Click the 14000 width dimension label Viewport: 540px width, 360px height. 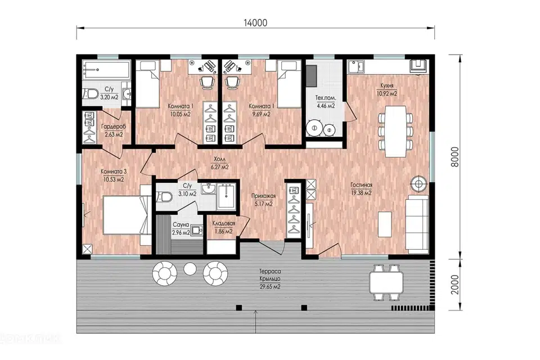click(255, 22)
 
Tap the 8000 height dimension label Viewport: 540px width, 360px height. click(455, 157)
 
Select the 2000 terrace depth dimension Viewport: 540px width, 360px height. click(455, 285)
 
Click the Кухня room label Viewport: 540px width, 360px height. click(387, 85)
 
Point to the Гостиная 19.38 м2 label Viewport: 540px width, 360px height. click(361, 189)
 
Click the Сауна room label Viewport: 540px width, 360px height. click(181, 224)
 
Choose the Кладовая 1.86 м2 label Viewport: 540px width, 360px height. click(223, 227)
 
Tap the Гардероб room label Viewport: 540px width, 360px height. click(114, 127)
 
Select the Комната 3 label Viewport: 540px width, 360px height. click(114, 172)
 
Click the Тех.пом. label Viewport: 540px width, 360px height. click(326, 98)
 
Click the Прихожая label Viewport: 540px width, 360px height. click(263, 196)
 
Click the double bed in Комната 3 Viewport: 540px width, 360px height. click(125, 215)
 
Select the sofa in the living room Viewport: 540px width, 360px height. click(416, 222)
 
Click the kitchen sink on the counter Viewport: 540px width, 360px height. click(356, 66)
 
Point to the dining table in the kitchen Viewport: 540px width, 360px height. click(395, 131)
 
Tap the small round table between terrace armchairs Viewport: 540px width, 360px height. click(190, 269)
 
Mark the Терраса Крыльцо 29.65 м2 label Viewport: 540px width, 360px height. click(270, 279)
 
